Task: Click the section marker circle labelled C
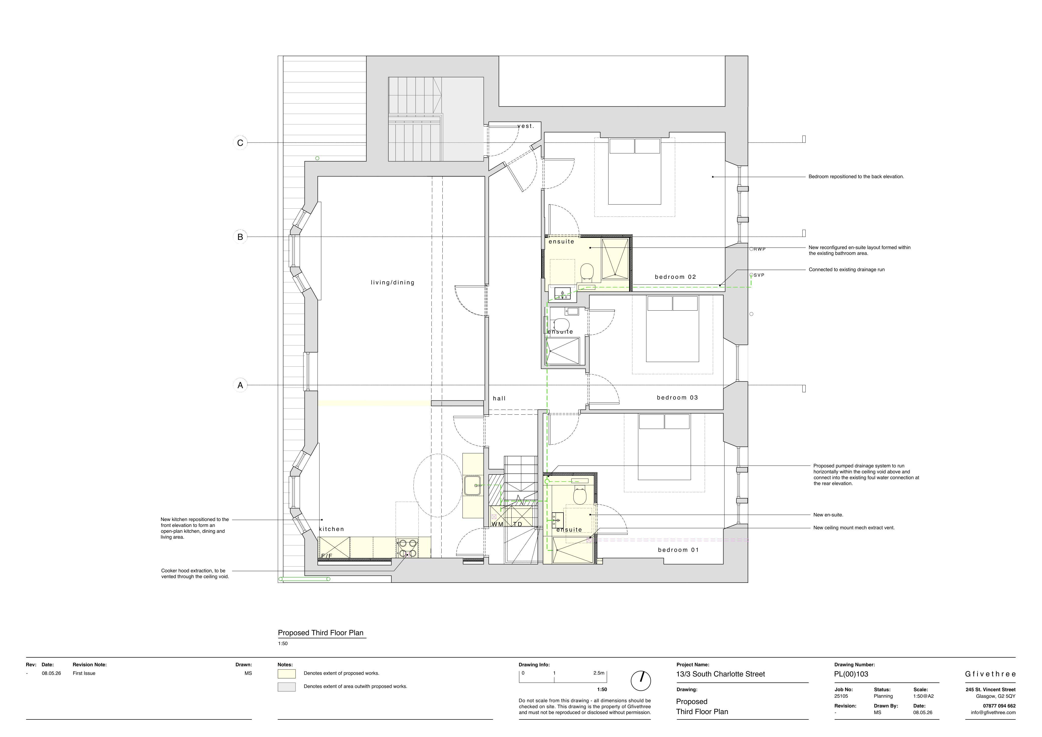point(240,143)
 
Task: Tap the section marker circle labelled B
point(240,237)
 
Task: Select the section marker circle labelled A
point(240,385)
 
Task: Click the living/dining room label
point(393,283)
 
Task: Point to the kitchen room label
point(332,529)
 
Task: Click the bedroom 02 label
point(675,277)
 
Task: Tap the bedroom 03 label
point(677,398)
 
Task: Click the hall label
point(499,398)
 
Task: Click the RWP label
point(760,249)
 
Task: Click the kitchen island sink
point(472,486)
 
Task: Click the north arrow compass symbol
point(641,681)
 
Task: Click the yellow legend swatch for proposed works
point(286,674)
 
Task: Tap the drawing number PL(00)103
point(851,674)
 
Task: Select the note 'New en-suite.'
point(828,515)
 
